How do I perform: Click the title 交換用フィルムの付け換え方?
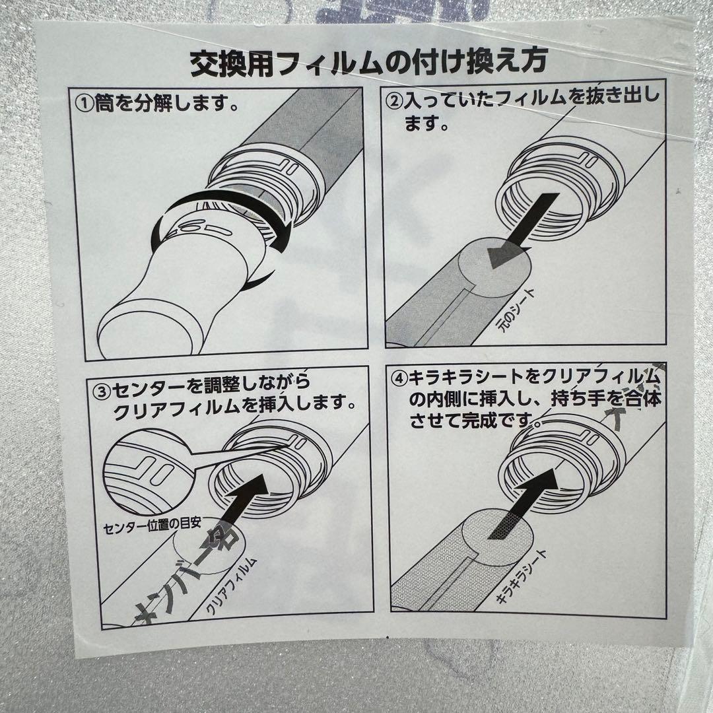tap(369, 62)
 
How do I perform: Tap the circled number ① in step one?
tap(85, 104)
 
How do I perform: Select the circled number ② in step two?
tap(393, 100)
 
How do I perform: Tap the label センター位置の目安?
tap(152, 526)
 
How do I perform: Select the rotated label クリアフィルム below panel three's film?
tap(231, 586)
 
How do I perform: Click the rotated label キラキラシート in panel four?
tap(522, 577)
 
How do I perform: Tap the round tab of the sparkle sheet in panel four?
tap(495, 538)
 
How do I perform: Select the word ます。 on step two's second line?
tap(427, 123)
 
